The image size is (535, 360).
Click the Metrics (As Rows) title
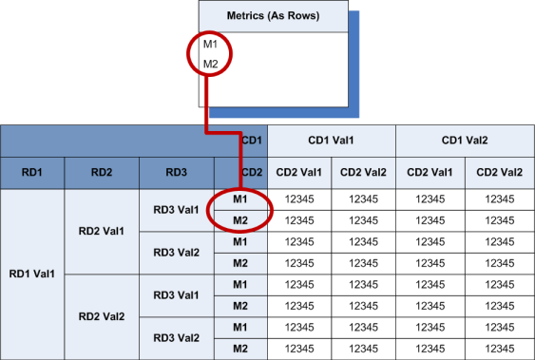pyautogui.click(x=271, y=16)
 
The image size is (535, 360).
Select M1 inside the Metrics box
pyautogui.click(x=210, y=45)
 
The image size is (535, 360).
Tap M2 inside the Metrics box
pyautogui.click(x=210, y=64)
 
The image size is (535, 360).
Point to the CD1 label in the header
pyautogui.click(x=252, y=141)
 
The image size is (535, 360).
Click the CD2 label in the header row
pyautogui.click(x=252, y=172)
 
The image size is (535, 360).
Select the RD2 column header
pyautogui.click(x=102, y=172)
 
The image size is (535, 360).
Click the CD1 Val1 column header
pyautogui.click(x=331, y=141)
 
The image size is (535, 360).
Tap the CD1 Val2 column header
pyautogui.click(x=465, y=141)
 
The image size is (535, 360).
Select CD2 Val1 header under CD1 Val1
pyautogui.click(x=298, y=172)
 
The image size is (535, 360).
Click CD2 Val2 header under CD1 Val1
pyautogui.click(x=364, y=172)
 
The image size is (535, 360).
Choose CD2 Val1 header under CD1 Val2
pyautogui.click(x=430, y=172)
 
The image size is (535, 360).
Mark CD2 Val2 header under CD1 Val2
pyautogui.click(x=499, y=172)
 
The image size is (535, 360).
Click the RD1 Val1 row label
pyautogui.click(x=32, y=274)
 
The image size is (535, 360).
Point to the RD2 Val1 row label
pyautogui.click(x=101, y=231)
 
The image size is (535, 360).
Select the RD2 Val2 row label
pyautogui.click(x=101, y=316)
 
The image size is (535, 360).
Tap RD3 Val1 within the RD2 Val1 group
pyautogui.click(x=177, y=210)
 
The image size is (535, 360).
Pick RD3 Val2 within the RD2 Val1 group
pyautogui.click(x=177, y=253)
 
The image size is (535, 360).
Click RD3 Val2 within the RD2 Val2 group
pyautogui.click(x=177, y=337)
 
